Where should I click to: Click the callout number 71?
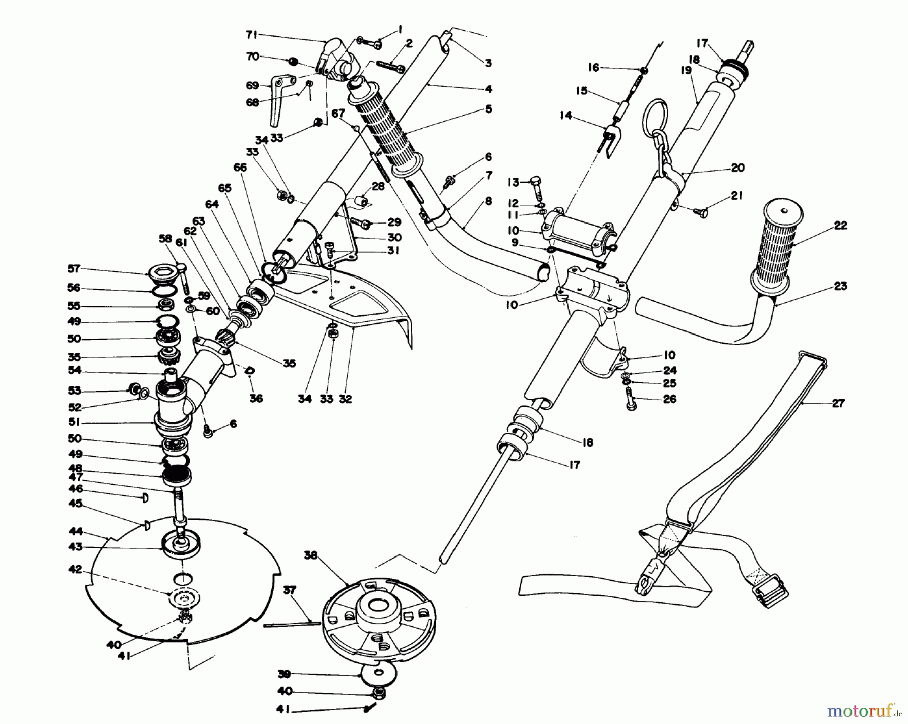coord(251,34)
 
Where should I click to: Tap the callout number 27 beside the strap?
coord(837,403)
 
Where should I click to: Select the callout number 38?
coord(311,555)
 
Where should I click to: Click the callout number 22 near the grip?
coord(840,225)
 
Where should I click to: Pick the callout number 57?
coord(74,269)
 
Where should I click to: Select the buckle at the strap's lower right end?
coord(769,594)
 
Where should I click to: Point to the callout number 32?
coord(345,399)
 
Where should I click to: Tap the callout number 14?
coord(566,116)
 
